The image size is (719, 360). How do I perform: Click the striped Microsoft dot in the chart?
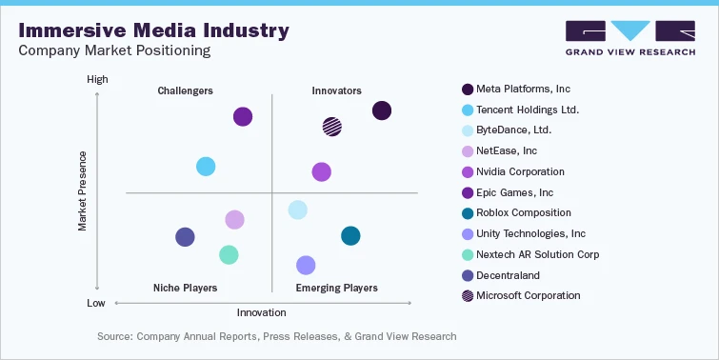pyautogui.click(x=331, y=126)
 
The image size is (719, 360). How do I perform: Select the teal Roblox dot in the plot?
pyautogui.click(x=350, y=235)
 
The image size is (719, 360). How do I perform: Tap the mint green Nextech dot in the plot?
pyautogui.click(x=228, y=254)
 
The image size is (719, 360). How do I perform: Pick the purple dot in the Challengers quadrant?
pyautogui.click(x=243, y=116)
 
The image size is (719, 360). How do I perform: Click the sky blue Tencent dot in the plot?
pyautogui.click(x=206, y=167)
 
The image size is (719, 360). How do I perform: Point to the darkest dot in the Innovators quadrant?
pyautogui.click(x=381, y=110)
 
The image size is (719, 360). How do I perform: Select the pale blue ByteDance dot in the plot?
pyautogui.click(x=297, y=210)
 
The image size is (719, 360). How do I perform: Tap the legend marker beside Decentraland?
pyautogui.click(x=468, y=275)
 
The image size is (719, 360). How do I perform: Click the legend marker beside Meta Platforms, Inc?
pyautogui.click(x=468, y=90)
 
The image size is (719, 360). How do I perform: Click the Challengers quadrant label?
pyautogui.click(x=185, y=90)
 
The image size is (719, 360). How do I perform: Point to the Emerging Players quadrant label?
pyautogui.click(x=336, y=288)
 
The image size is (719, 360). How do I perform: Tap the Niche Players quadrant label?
pyautogui.click(x=185, y=288)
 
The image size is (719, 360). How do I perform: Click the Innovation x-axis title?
pyautogui.click(x=261, y=311)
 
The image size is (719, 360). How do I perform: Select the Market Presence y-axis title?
pyautogui.click(x=83, y=190)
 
